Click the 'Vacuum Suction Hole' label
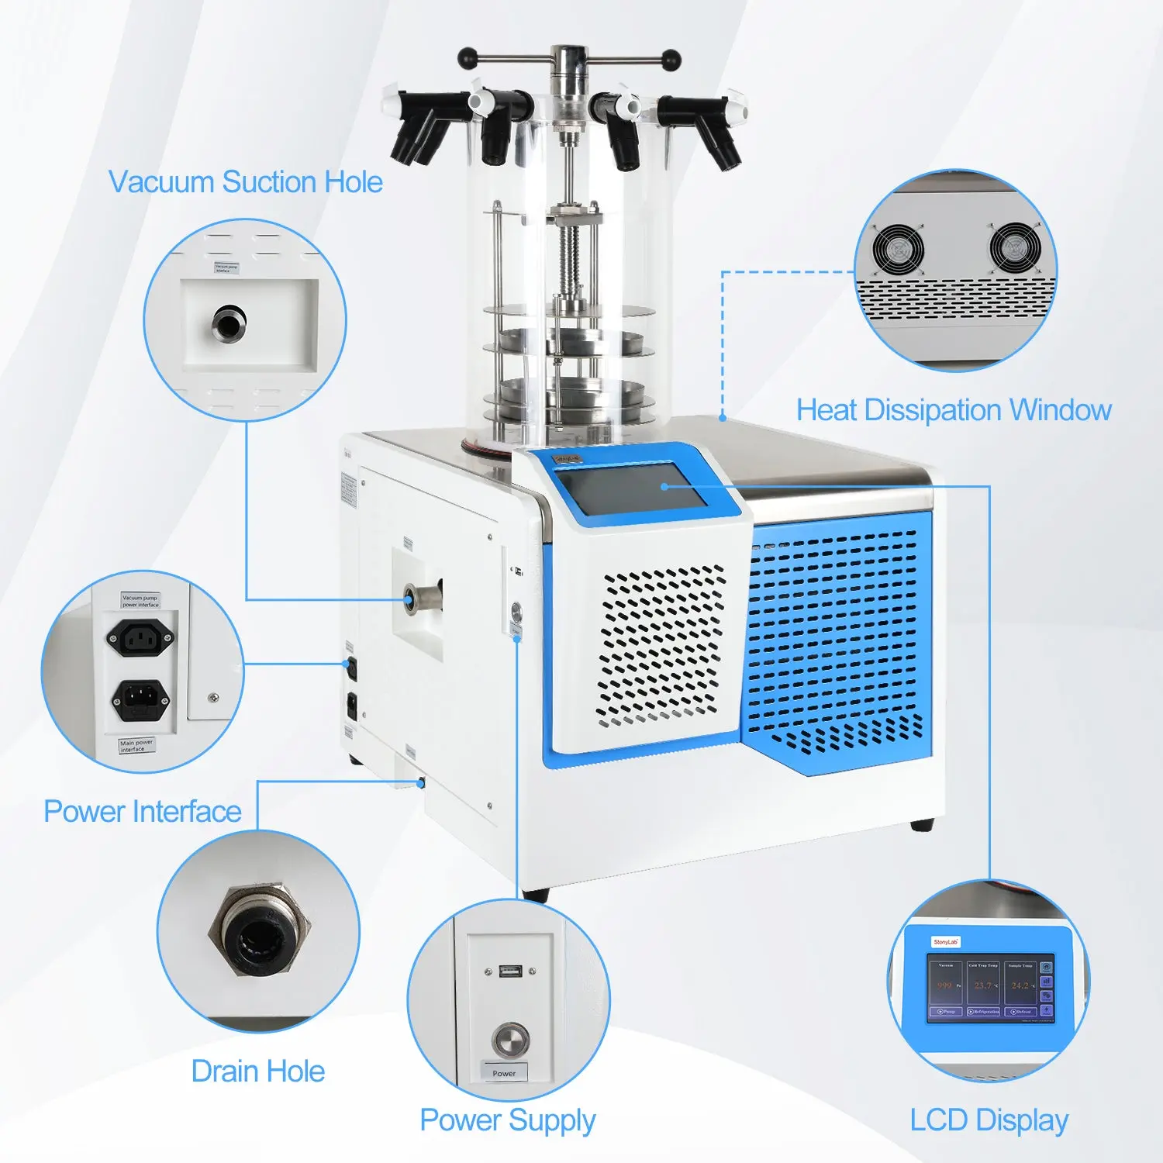[x=245, y=182]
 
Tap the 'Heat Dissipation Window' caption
[x=954, y=410]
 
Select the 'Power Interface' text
[x=143, y=812]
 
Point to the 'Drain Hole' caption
[x=258, y=1072]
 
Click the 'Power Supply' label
[x=508, y=1120]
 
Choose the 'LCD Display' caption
[x=989, y=1120]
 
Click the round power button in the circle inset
[x=510, y=1039]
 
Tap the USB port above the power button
[x=509, y=971]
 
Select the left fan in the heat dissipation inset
[x=898, y=248]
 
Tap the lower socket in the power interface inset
[x=140, y=699]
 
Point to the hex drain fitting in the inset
[x=258, y=930]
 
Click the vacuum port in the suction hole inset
[x=229, y=323]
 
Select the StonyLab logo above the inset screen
[x=946, y=942]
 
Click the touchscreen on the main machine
[x=634, y=488]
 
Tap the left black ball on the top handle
[x=468, y=58]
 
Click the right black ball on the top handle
[x=671, y=57]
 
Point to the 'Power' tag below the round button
[x=504, y=1074]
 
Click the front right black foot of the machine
[x=922, y=824]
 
